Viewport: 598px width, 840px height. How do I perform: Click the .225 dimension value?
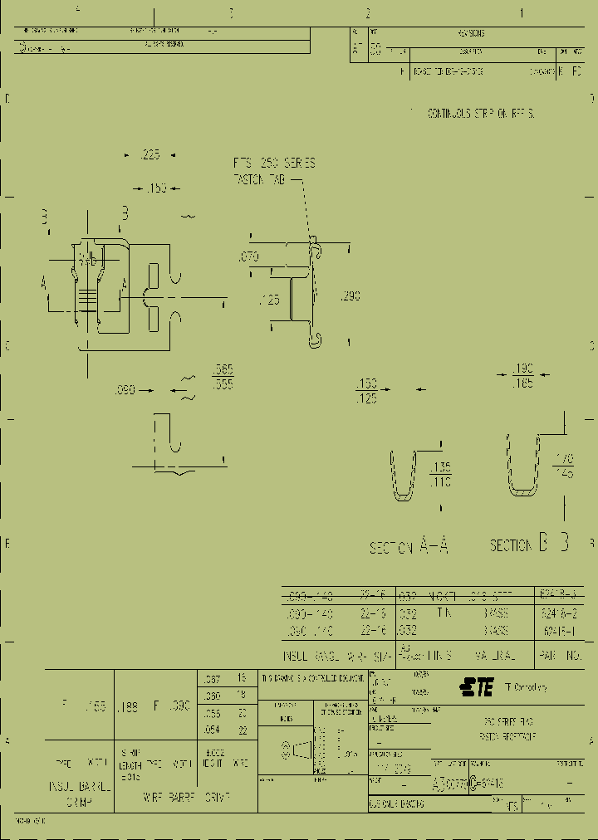(149, 154)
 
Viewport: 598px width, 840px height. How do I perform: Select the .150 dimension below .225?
(156, 188)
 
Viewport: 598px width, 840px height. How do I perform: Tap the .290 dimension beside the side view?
(350, 296)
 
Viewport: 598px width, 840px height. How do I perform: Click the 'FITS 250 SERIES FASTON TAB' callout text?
(274, 171)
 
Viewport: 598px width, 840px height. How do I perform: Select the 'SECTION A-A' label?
(409, 546)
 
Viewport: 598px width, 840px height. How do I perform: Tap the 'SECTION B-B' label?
(529, 545)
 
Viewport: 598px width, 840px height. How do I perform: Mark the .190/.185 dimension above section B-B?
(522, 374)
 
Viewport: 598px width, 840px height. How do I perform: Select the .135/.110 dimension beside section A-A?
(440, 473)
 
